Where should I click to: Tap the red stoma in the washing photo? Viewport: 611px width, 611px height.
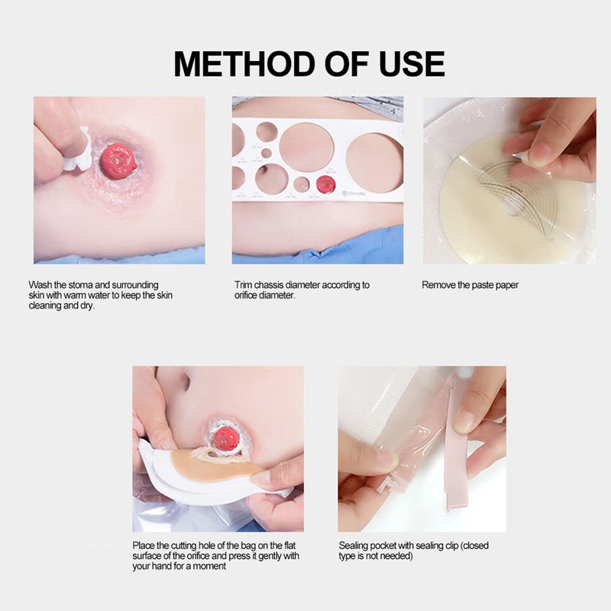[118, 160]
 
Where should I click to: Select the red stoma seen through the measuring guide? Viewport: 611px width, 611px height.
[326, 184]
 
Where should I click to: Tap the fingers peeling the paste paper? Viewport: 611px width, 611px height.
[550, 137]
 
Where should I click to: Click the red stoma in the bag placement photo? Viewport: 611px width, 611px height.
[227, 438]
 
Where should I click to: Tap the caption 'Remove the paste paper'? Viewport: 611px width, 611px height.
[470, 285]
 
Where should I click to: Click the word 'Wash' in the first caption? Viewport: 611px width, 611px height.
[40, 285]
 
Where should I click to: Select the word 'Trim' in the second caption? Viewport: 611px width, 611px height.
[244, 285]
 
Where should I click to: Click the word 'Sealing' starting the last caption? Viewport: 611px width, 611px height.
[354, 546]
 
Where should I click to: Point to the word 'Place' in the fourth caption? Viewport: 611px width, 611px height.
[144, 546]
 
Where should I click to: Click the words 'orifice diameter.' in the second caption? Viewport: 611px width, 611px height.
[264, 295]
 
